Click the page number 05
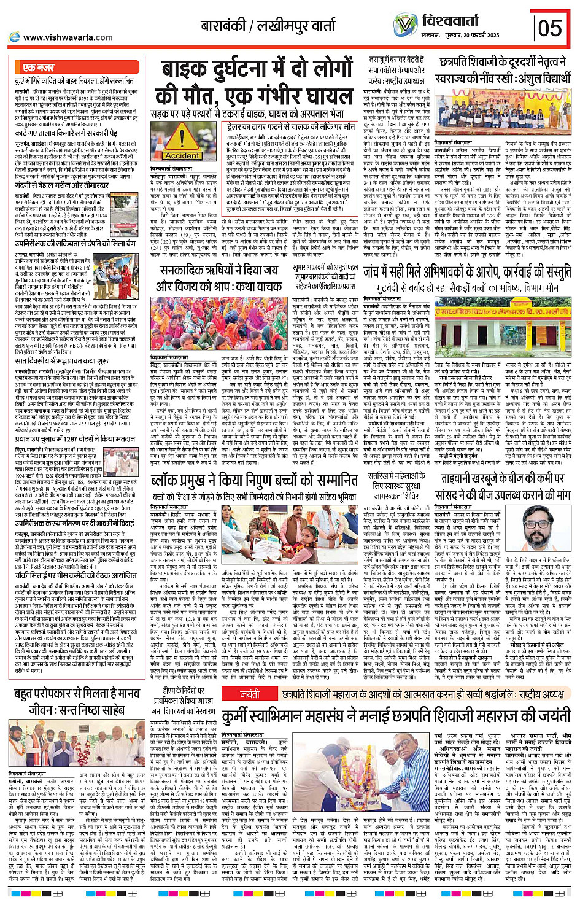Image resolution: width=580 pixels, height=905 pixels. point(549,28)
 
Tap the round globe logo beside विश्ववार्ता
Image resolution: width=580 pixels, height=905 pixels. point(404,25)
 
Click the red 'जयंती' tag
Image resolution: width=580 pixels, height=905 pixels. point(250,694)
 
